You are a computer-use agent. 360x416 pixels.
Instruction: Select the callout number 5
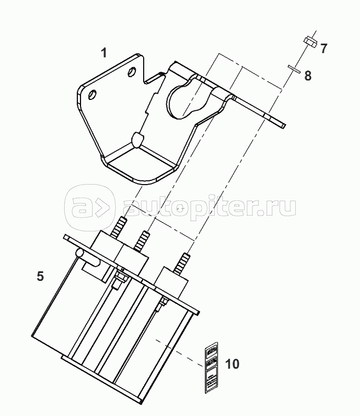pyautogui.click(x=40, y=276)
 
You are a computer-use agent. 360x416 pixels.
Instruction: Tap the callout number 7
pyautogui.click(x=323, y=49)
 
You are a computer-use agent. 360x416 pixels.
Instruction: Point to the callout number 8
pyautogui.click(x=308, y=75)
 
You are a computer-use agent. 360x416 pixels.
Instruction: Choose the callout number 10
pyautogui.click(x=232, y=364)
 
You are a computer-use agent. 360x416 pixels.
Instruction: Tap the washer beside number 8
pyautogui.click(x=293, y=67)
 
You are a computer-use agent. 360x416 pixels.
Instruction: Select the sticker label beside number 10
pyautogui.click(x=211, y=367)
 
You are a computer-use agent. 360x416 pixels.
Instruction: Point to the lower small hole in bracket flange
pyautogui.click(x=93, y=95)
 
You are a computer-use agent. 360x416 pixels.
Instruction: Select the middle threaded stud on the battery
pyautogui.click(x=142, y=241)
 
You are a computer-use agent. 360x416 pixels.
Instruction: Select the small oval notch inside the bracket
pyautogui.click(x=138, y=139)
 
